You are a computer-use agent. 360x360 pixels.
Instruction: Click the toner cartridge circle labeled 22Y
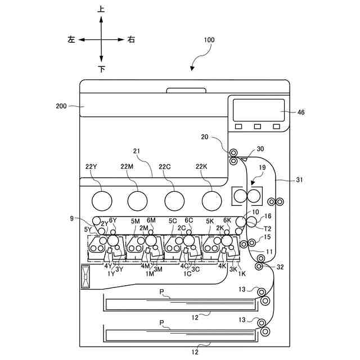[101, 200]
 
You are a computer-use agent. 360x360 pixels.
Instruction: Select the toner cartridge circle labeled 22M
[137, 200]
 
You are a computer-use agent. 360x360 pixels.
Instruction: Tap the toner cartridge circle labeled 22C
[174, 200]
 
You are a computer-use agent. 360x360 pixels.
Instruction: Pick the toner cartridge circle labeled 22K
[211, 200]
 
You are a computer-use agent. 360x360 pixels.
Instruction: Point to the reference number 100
[209, 40]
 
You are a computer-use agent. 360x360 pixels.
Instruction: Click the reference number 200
[62, 106]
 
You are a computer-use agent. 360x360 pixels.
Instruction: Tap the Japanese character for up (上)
[101, 10]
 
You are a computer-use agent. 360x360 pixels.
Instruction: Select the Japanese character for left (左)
[71, 40]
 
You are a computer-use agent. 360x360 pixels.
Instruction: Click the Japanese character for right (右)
[131, 40]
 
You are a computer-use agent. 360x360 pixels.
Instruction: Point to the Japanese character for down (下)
[101, 70]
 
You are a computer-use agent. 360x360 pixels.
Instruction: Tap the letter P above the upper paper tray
[162, 291]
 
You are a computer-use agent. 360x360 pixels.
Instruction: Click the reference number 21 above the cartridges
[136, 151]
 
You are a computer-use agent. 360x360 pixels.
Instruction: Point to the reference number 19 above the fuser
[262, 168]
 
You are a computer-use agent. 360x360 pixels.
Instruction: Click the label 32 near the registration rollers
[280, 267]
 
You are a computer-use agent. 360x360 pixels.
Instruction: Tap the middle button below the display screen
[257, 126]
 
